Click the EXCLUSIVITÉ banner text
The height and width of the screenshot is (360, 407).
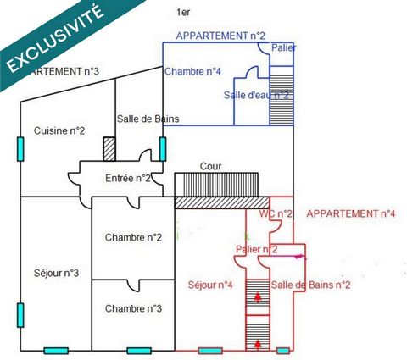coord(55,38)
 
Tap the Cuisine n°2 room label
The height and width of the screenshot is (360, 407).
coord(59,130)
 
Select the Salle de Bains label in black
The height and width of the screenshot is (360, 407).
coord(148,119)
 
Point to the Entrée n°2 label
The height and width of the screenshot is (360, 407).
coord(128,178)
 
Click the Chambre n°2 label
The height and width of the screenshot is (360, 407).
coord(133,237)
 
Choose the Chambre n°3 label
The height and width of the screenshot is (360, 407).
coord(133,308)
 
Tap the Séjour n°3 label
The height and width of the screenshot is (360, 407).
coord(56,273)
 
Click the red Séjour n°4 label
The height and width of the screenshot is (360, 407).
coord(210,285)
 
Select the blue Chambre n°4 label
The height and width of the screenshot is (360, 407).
coord(192,71)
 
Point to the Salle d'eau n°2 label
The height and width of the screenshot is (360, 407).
coord(256,95)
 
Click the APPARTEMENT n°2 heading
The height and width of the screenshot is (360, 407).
coord(220,36)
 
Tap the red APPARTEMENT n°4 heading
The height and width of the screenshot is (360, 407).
coord(351,213)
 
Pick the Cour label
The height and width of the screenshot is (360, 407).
coord(210,166)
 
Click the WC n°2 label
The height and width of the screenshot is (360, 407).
coord(276,213)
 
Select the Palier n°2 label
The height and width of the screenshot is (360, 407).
coord(257,249)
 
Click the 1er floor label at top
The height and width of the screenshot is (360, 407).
coord(183,13)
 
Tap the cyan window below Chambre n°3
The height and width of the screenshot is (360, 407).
coord(139,351)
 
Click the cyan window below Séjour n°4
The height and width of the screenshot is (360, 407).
coord(210,351)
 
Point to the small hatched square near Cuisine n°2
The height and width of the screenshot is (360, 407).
coord(109,149)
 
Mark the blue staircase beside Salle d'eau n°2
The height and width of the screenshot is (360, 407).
coord(282,100)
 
